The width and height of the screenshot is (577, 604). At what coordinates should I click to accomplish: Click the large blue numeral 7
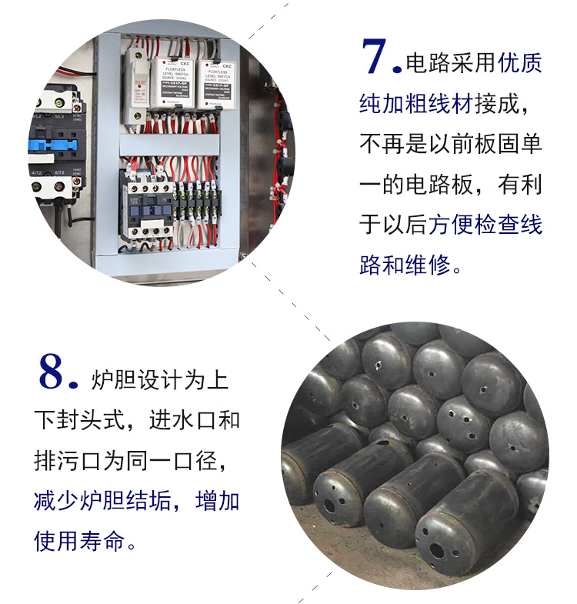coord(374,56)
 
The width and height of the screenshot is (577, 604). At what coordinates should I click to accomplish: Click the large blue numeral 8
coord(51,372)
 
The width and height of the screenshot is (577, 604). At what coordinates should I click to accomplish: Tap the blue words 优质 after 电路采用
coord(520,63)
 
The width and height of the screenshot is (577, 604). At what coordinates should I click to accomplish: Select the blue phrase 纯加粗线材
coord(416,104)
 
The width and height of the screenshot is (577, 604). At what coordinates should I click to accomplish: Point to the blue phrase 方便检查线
coord(485,224)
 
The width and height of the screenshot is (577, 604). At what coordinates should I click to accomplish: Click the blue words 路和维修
coord(405,265)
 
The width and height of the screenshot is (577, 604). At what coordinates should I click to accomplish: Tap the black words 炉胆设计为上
coord(160,380)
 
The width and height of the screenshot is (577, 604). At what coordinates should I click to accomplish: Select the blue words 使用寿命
coord(79,540)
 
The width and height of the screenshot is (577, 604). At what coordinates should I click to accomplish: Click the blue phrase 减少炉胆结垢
coord(102,500)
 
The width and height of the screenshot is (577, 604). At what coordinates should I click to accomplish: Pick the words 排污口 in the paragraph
coord(68,460)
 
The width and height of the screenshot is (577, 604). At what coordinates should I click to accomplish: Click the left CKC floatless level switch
coord(170,84)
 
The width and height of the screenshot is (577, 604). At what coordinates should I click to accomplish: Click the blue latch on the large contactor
coord(53,145)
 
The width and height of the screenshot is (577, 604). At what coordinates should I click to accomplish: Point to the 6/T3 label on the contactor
coord(59,172)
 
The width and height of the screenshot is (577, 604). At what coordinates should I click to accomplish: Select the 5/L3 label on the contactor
coord(59,116)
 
